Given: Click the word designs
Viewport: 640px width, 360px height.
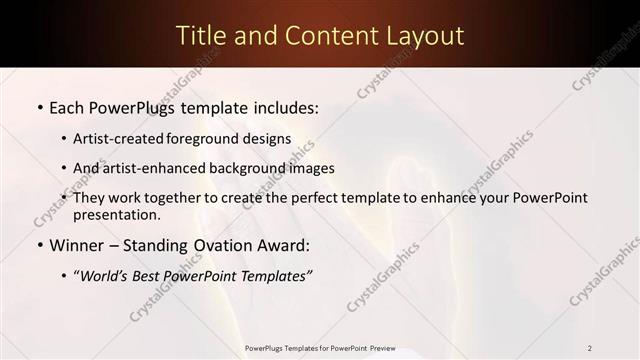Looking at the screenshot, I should [268, 139].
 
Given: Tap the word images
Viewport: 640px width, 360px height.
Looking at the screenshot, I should [310, 169].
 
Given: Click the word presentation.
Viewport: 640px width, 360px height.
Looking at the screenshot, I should [117, 215].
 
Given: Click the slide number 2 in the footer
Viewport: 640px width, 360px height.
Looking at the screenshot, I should [590, 347].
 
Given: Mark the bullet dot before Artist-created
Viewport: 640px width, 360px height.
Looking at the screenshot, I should [64, 140].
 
